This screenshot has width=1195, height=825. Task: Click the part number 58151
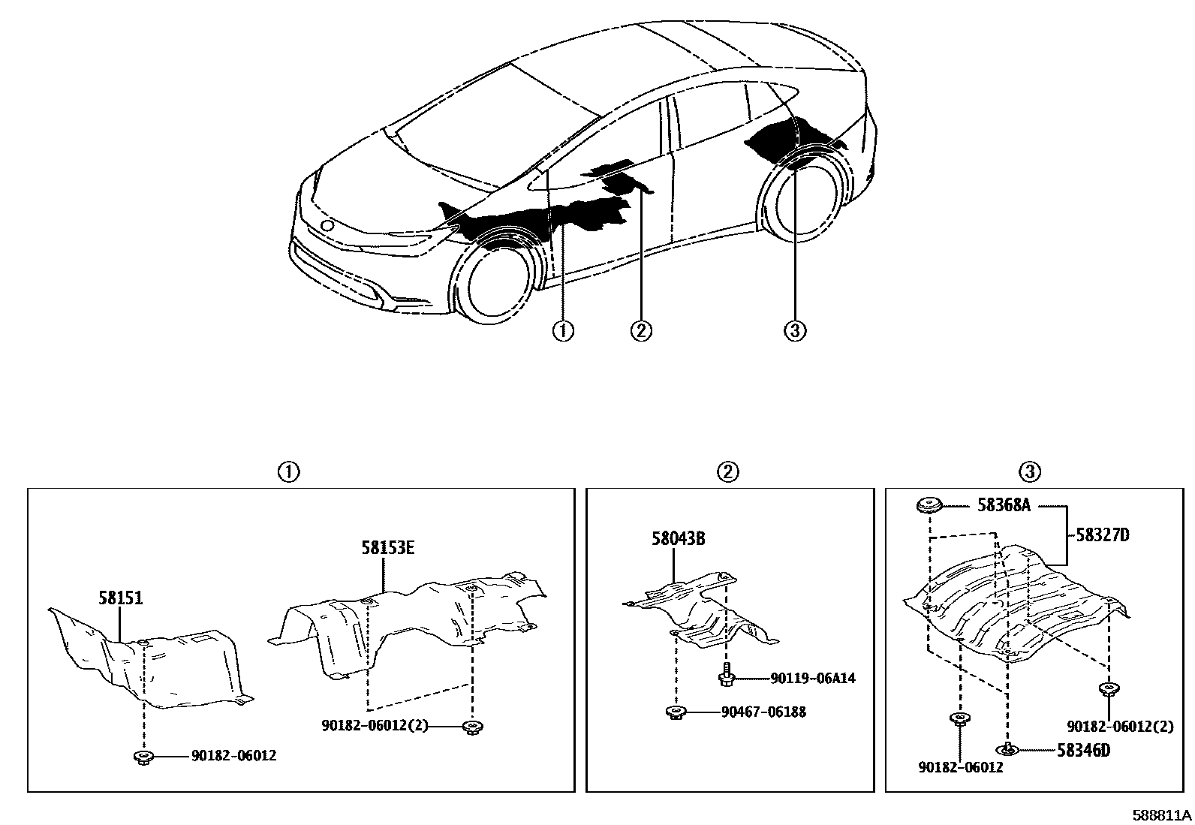coord(120,598)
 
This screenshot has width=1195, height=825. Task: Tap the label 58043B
coord(679,538)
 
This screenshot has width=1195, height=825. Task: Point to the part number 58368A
coord(1004,507)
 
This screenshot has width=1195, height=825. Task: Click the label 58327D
coord(1102,534)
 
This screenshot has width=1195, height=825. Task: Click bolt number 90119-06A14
coord(812,679)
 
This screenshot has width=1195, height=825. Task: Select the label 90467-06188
coord(763,712)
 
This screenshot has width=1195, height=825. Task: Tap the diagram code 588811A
coord(1161,814)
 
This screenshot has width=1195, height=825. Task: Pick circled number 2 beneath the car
coord(641,330)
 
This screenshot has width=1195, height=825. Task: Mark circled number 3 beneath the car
coord(795,330)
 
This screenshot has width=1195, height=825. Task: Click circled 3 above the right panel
coord(1029,471)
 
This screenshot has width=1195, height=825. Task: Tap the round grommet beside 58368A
coord(929,507)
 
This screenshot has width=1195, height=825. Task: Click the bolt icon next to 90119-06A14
coord(727,674)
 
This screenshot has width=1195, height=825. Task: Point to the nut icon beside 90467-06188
coord(675,712)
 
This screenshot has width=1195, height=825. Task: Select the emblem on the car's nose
coord(327,225)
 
